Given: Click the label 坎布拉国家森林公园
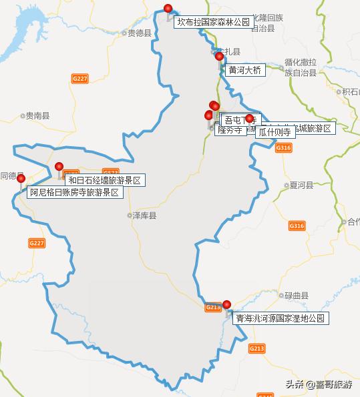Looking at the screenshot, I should [x=213, y=22].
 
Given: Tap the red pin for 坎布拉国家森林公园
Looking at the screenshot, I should [x=168, y=9].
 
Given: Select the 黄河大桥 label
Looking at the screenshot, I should [x=245, y=69].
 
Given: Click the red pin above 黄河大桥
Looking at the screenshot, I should [x=219, y=57].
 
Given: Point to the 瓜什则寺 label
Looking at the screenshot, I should [x=274, y=132].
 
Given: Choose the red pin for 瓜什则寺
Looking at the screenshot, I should [x=250, y=119].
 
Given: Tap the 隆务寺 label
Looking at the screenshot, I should [x=229, y=130].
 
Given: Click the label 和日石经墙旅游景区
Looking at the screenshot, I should [x=104, y=180].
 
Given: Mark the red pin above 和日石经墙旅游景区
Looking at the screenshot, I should [x=59, y=167].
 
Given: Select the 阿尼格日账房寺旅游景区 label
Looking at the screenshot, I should [x=76, y=192].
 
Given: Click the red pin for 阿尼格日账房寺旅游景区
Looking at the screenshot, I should [x=21, y=179].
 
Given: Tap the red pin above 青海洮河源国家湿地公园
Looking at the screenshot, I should [x=226, y=305].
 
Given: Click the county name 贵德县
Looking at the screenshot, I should [x=139, y=33].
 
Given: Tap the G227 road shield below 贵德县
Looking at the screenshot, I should [x=79, y=79].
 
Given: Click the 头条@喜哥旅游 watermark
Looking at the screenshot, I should [x=319, y=385].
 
